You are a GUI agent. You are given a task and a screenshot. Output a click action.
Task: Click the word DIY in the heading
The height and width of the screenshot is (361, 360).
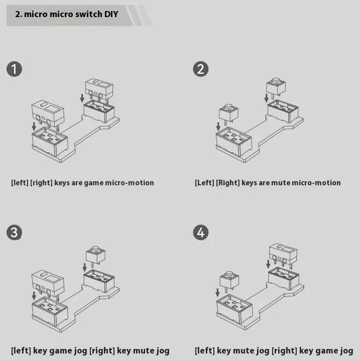tap(111, 14)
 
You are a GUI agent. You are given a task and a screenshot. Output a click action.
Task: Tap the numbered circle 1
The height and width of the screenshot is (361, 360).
tap(14, 69)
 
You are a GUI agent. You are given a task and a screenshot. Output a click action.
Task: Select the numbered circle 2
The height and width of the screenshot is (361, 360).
tap(201, 69)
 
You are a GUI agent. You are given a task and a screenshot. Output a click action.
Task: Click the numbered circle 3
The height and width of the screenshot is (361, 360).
tap(14, 232)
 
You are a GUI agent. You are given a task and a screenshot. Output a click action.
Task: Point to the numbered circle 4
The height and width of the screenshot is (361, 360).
tap(201, 232)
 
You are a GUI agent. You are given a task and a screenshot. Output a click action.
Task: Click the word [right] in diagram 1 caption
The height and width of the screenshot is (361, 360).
tap(42, 183)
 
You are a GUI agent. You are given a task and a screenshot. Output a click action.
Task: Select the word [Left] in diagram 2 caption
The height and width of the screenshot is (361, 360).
tap(204, 183)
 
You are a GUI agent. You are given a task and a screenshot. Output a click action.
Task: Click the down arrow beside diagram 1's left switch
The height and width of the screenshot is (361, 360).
tap(34, 127)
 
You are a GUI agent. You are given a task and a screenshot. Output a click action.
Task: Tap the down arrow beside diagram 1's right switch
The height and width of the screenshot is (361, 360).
tap(82, 98)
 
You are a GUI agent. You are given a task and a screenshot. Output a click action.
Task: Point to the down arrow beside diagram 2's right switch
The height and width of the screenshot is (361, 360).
tap(266, 98)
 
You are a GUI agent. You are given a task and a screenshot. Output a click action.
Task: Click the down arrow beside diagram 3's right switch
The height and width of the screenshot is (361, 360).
tap(85, 268)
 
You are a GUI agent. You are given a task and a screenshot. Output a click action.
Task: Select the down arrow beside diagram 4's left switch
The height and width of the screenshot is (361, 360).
tap(217, 293)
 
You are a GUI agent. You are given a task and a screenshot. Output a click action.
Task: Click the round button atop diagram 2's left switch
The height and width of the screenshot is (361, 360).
tap(228, 107)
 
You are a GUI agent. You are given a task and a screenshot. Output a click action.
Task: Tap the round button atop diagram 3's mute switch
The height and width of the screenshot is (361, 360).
tap(95, 249)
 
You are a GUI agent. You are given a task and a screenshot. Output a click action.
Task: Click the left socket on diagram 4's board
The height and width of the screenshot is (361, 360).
tap(234, 307)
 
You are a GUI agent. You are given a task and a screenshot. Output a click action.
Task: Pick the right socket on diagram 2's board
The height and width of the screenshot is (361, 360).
tap(283, 111)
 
